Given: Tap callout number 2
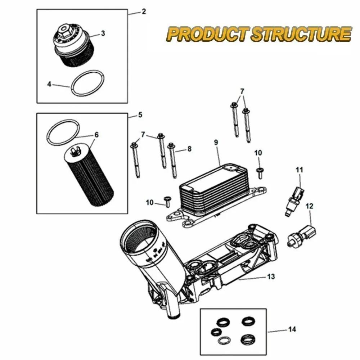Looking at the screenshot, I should click(144, 11).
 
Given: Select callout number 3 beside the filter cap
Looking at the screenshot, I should click(103, 33).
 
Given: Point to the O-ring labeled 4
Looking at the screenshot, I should click(88, 84).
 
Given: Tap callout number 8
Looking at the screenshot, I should click(189, 148).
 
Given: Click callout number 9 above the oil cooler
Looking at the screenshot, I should click(216, 142).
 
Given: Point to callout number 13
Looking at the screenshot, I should click(271, 276).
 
